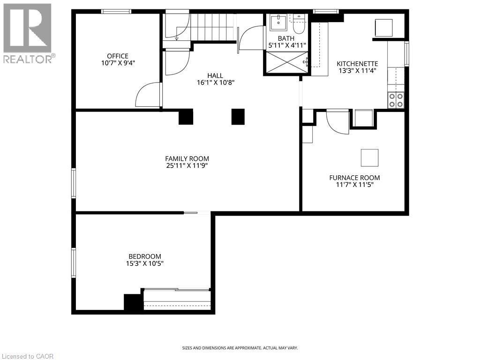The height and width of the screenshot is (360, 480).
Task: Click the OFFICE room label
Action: click(117, 56)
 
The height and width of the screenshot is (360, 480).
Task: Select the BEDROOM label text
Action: click(145, 256)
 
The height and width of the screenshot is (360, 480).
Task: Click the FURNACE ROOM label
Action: click(354, 178)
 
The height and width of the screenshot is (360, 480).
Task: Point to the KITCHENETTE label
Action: click(357, 64)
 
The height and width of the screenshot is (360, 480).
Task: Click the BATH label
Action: click(286, 38)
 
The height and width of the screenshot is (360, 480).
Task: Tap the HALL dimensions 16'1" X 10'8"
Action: click(215, 82)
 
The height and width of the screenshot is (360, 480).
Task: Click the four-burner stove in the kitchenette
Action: click(395, 100)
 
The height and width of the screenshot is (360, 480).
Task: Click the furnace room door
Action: click(337, 120)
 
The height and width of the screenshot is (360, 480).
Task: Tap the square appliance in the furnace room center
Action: click(369, 157)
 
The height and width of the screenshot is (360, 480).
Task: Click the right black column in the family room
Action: click(238, 117)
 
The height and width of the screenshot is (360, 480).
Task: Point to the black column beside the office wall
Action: click(186, 117)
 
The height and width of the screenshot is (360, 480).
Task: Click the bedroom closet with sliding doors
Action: click(177, 299)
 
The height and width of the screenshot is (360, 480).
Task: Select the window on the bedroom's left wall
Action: click(73, 262)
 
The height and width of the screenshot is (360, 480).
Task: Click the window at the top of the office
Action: click(116, 12)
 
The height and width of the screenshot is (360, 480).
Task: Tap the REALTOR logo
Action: click(28, 33)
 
